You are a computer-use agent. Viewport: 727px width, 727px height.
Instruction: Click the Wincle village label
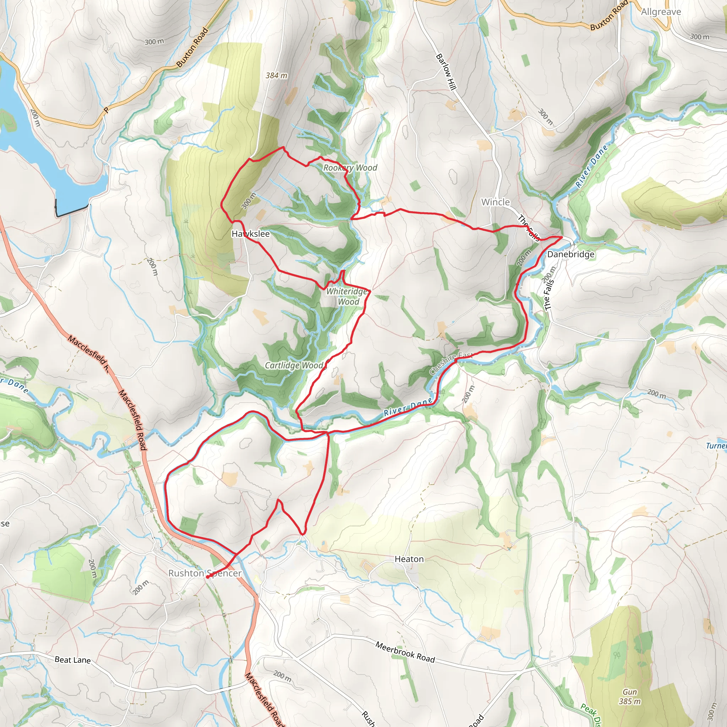tap(495, 202)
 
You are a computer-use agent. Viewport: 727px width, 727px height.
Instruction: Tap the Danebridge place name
tap(570, 255)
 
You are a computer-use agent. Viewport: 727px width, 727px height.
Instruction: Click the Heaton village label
tap(409, 559)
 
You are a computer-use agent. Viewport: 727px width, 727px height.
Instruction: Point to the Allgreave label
tap(661, 12)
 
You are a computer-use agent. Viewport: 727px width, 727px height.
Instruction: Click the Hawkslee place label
tap(251, 234)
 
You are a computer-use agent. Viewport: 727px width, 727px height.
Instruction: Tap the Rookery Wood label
tap(350, 168)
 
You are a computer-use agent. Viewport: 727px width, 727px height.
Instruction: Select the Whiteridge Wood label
tap(347, 296)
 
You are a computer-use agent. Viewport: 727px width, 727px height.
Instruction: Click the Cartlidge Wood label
tap(294, 365)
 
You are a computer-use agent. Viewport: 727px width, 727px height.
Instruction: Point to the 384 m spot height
tap(276, 76)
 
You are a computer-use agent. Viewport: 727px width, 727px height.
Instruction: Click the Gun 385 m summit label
tap(629, 696)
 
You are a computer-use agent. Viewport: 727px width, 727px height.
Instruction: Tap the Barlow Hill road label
tap(446, 72)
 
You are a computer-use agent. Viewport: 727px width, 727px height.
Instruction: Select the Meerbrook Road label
tap(405, 652)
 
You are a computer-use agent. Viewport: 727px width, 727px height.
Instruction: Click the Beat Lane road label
tap(72, 660)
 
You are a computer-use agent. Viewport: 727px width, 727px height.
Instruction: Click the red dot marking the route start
tap(207, 577)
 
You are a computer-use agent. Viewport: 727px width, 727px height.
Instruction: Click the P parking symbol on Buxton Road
tap(106, 110)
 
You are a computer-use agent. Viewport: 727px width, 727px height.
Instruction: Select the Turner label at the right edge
tap(716, 446)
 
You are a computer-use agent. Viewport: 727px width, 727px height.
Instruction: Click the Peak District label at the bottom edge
tap(590, 715)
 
